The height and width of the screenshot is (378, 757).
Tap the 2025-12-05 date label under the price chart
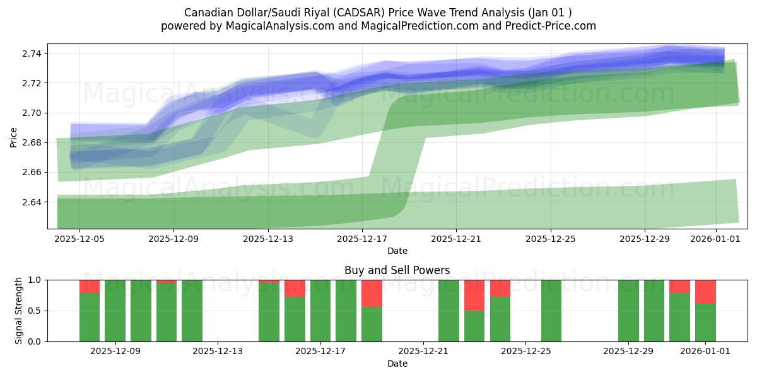click(x=79, y=239)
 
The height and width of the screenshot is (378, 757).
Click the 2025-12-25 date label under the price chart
click(x=551, y=239)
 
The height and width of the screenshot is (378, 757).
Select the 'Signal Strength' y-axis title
click(x=19, y=311)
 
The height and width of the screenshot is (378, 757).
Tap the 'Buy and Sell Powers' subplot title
click(x=397, y=270)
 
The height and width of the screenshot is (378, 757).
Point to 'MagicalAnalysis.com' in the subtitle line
click(x=274, y=26)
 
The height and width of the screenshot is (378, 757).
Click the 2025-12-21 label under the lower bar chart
click(x=423, y=352)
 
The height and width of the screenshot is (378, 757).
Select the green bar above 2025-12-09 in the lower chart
click(x=115, y=311)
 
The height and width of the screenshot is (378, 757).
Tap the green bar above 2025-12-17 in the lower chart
click(x=320, y=311)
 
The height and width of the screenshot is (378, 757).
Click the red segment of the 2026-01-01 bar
click(x=705, y=292)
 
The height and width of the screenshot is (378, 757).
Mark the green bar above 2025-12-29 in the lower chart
click(x=628, y=311)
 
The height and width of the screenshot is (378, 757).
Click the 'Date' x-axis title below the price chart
click(x=397, y=251)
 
